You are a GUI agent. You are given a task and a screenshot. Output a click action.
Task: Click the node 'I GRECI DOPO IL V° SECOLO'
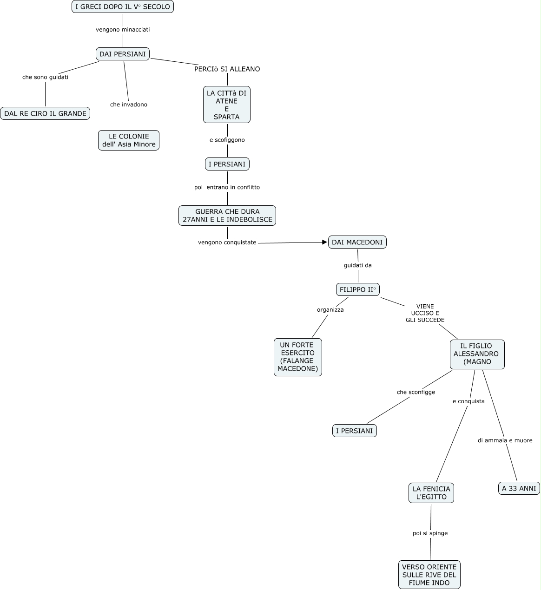pos(123,7)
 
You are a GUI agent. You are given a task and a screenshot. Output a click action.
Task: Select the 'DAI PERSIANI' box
pos(123,54)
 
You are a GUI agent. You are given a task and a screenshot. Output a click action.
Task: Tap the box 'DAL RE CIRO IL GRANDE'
pos(45,113)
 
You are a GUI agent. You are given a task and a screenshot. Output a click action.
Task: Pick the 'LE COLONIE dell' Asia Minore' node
pos(129,140)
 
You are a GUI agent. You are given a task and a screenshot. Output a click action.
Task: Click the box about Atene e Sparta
pos(227,105)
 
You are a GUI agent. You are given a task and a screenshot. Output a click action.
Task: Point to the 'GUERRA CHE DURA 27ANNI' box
pos(227,216)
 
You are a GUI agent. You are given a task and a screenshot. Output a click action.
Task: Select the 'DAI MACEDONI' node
pos(357,242)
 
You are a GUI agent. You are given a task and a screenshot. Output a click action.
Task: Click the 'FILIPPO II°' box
pos(358,289)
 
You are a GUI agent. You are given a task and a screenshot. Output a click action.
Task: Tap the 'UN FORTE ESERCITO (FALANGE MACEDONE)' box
pos(298,357)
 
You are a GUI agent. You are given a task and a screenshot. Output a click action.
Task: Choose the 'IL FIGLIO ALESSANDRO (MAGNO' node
pos(477,354)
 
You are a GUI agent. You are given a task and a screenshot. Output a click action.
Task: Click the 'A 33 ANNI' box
pos(519,488)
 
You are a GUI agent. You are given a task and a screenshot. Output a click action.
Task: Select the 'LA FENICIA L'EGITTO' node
pos(431,493)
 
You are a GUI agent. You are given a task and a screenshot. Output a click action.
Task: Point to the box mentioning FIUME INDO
pos(429,575)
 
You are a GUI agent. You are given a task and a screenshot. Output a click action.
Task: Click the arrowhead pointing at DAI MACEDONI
pos(325,242)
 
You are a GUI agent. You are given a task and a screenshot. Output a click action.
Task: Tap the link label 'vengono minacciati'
pos(123,30)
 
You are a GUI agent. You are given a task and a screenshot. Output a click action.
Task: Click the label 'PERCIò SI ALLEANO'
pos(227,69)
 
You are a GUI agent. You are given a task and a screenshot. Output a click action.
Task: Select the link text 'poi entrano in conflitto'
pos(227,187)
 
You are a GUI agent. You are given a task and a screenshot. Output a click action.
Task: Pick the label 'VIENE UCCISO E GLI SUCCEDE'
pos(425,313)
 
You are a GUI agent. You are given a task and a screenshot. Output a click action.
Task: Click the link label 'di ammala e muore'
pos(505,440)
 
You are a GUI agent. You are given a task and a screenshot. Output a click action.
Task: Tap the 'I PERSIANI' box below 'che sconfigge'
pos(355,431)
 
